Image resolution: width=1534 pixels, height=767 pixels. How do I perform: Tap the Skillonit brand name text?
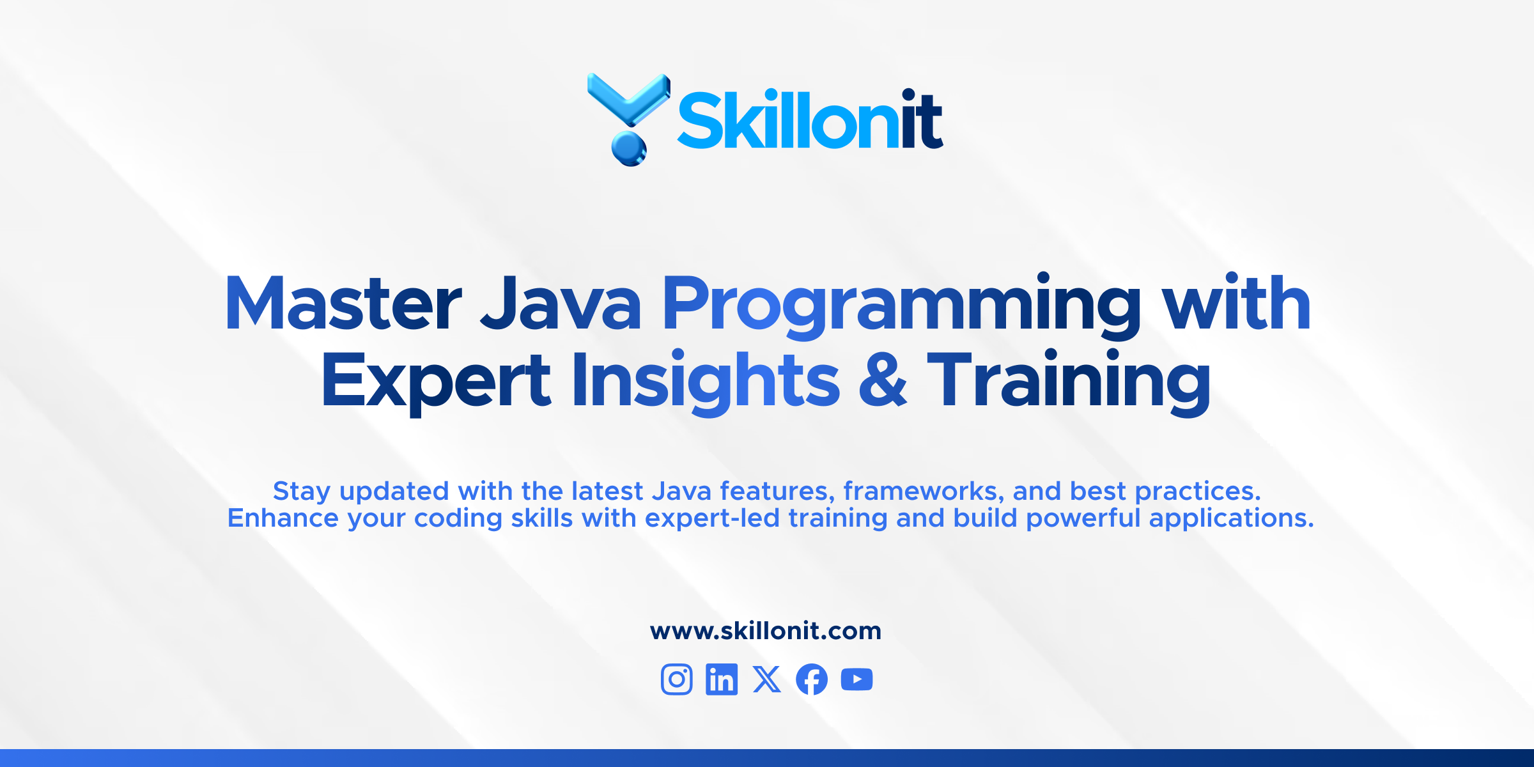[x=810, y=119]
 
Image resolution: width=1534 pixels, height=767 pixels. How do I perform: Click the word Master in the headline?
[x=343, y=303]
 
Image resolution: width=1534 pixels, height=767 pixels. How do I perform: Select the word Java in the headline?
[x=561, y=303]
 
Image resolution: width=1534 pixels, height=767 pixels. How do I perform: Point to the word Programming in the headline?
[x=902, y=306]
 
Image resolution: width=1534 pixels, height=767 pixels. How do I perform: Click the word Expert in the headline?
[x=436, y=381]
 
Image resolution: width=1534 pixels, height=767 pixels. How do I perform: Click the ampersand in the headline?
[x=883, y=380]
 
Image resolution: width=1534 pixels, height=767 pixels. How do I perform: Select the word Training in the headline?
[x=1069, y=381]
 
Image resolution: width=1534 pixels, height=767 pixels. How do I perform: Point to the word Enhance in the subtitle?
[x=283, y=518]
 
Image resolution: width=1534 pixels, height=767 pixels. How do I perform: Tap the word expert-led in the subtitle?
[x=712, y=519]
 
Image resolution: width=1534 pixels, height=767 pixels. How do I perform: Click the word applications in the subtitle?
[x=1231, y=519]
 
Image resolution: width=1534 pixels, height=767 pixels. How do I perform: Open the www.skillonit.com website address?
[x=766, y=631]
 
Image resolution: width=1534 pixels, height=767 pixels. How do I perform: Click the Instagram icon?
[x=677, y=679]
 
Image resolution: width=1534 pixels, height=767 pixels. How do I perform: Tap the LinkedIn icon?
[x=722, y=679]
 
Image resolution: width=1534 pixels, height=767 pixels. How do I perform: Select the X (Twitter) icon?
[x=767, y=679]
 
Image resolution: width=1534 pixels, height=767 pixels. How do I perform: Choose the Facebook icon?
[x=812, y=679]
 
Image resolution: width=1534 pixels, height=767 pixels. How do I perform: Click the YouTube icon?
[x=857, y=679]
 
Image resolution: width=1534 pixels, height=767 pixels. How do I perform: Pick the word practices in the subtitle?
[x=1197, y=491]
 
